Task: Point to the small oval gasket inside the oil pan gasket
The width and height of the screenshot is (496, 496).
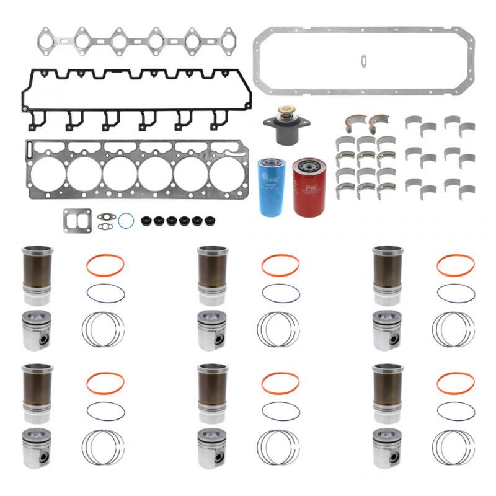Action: point(363,60)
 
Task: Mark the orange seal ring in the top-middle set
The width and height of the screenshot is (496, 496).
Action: point(280,265)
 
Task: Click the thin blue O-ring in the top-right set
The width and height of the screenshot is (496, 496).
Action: point(455,292)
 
